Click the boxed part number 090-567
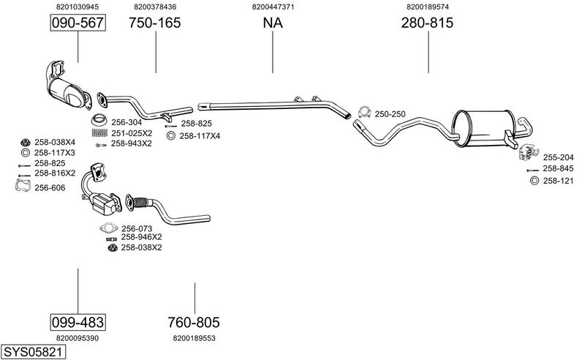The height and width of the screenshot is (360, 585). point(78,23)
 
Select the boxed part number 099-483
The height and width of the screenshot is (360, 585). point(78,322)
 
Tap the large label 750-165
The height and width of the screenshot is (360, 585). point(155,23)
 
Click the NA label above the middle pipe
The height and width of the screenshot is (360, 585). point(273,23)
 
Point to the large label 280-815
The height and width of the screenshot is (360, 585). point(428,23)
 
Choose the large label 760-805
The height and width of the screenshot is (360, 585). point(194,322)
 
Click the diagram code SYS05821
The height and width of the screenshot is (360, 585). point(34,352)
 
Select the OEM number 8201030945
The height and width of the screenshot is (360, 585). point(78,7)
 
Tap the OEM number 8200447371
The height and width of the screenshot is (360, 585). point(273,7)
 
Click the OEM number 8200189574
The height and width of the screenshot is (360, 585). point(428,7)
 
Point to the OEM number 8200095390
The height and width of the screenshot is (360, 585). point(78,338)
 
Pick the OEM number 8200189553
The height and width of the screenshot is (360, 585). point(194,338)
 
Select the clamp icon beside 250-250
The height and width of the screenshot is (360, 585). point(364,113)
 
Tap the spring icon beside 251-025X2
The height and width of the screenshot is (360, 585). point(99,133)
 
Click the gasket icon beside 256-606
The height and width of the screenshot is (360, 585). point(24,187)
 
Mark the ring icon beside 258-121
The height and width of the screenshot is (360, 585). point(533,180)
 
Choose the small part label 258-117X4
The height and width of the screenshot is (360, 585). point(200,135)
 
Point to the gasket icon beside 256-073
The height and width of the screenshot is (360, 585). point(108,228)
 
